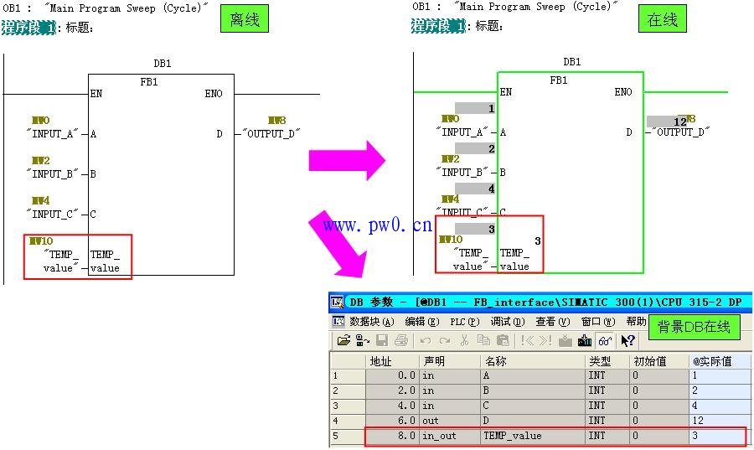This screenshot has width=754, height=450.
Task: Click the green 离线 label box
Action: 244,18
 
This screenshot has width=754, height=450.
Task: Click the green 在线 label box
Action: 662,19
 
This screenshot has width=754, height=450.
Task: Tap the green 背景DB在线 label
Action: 694,327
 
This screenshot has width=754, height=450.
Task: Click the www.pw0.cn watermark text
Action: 377,225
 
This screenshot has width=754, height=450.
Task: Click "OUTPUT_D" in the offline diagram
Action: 271,134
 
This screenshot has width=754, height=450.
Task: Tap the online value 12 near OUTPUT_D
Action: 680,122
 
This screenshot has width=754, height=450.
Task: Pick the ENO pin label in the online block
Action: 623,92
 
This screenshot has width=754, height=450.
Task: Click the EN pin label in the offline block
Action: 96,94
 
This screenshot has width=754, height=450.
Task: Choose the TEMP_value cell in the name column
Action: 513,436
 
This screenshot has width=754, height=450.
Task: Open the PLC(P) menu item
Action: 462,322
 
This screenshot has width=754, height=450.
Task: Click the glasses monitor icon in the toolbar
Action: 604,340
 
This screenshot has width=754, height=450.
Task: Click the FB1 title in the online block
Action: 559,80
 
